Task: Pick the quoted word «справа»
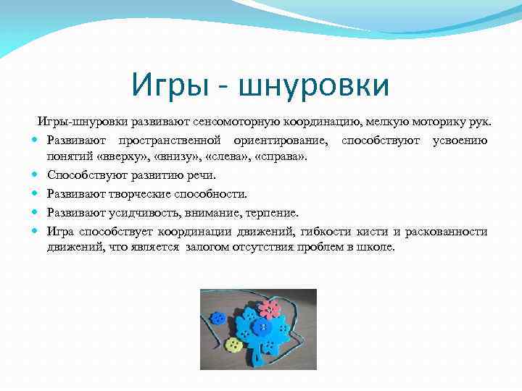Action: click(x=282, y=156)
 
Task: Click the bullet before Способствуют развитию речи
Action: click(x=36, y=176)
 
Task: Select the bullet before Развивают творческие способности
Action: click(x=36, y=194)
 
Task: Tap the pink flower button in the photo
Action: click(x=269, y=310)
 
